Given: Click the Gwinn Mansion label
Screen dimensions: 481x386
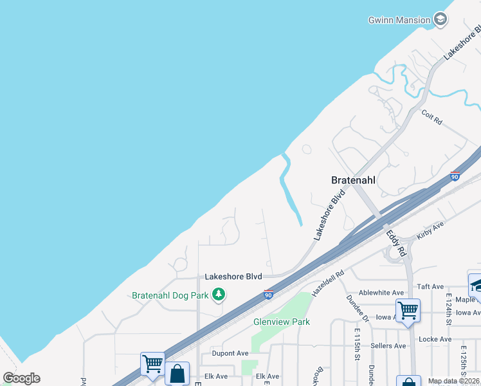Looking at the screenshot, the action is pyautogui.click(x=399, y=20).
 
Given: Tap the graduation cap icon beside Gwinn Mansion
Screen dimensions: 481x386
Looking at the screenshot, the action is pyautogui.click(x=440, y=19).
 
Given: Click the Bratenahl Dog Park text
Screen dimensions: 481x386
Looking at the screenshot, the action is pyautogui.click(x=170, y=296).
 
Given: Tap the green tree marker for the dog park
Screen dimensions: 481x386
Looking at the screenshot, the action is pyautogui.click(x=219, y=295).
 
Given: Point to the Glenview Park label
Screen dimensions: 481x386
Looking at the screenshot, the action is pyautogui.click(x=282, y=322).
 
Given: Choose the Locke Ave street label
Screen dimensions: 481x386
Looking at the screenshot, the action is pyautogui.click(x=435, y=339).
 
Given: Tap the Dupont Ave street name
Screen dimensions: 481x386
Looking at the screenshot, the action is pyautogui.click(x=230, y=353).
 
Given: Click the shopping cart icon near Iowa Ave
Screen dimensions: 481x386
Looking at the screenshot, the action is pyautogui.click(x=408, y=311).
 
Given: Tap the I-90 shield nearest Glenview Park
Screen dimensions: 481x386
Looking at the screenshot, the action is pyautogui.click(x=269, y=295).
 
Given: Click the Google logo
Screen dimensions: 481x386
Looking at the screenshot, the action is pyautogui.click(x=21, y=378).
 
